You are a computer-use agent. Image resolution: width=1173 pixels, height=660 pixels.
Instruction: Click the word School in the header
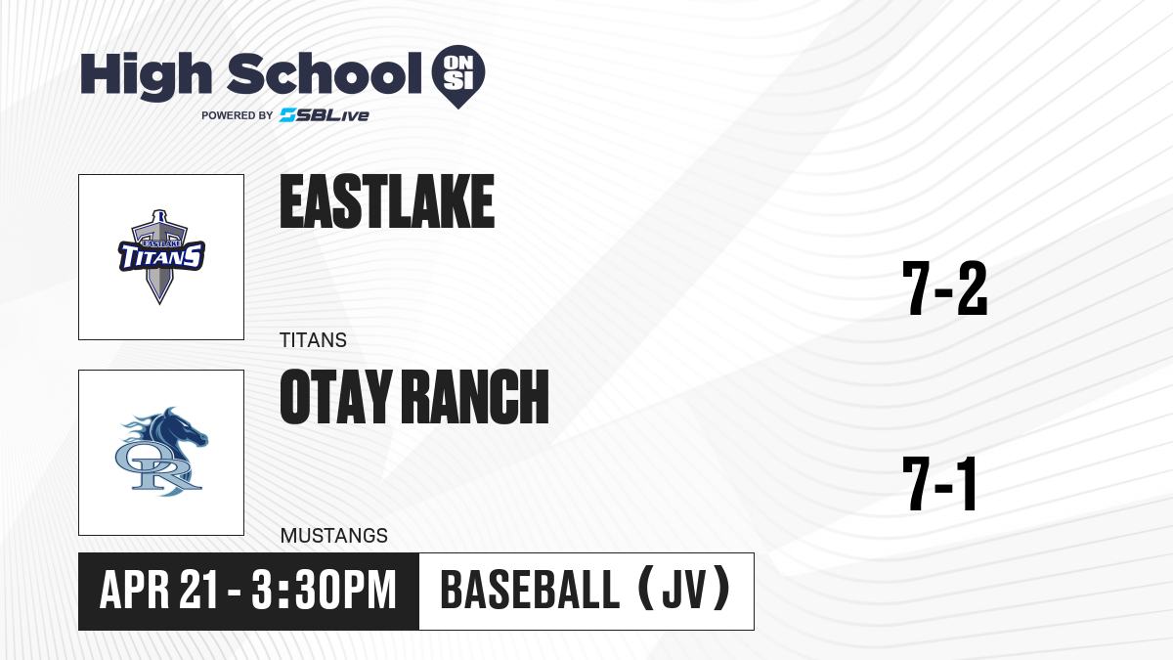coord(325,73)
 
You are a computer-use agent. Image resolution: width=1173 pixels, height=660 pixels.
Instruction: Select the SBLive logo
coord(325,115)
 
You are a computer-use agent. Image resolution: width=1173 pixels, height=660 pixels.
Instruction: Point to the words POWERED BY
coord(238,115)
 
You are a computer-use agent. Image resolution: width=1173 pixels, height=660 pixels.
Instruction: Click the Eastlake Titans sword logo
coord(160,256)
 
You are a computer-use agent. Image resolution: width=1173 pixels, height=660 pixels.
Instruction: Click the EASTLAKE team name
coord(387,201)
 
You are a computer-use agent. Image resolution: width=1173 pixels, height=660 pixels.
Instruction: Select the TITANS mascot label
coord(313,340)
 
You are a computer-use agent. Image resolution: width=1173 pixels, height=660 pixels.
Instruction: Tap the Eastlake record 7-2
coord(944,288)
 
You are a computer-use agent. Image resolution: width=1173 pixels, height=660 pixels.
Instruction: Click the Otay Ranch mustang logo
coord(161,452)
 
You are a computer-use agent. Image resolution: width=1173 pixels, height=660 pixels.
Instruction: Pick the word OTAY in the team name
coord(336,397)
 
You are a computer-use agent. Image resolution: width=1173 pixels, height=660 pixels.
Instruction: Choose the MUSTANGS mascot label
coord(334,536)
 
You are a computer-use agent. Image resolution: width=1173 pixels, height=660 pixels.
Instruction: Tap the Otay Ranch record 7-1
coord(940,484)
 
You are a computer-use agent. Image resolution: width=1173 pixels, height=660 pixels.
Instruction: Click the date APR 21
coord(158,591)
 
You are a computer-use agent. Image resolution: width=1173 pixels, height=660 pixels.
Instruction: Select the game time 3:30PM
coord(324,591)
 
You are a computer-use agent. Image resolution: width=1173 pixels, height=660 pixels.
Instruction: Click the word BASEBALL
coord(531,591)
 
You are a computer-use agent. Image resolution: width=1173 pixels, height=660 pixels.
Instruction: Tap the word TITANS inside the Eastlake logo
coord(161,256)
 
